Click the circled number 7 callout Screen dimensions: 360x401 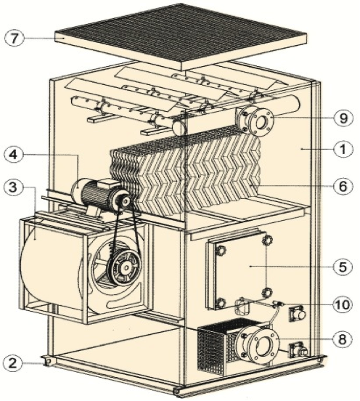(x=15, y=39)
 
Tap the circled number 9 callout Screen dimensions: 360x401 (x=343, y=118)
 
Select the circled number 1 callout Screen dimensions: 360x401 (x=343, y=149)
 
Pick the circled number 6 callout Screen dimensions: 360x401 (x=343, y=186)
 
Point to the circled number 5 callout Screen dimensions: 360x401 (x=343, y=266)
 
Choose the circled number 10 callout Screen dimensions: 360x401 (x=343, y=304)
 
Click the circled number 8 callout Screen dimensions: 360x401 (x=343, y=339)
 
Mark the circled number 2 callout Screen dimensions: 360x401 (x=13, y=363)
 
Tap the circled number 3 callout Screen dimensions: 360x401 (x=14, y=187)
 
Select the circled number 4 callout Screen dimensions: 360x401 (x=14, y=155)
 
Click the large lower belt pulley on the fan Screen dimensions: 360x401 (x=125, y=267)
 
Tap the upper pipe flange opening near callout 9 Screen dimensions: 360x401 (x=261, y=122)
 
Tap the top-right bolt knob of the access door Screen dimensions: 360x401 (x=267, y=240)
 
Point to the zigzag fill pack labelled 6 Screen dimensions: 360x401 (x=185, y=174)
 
